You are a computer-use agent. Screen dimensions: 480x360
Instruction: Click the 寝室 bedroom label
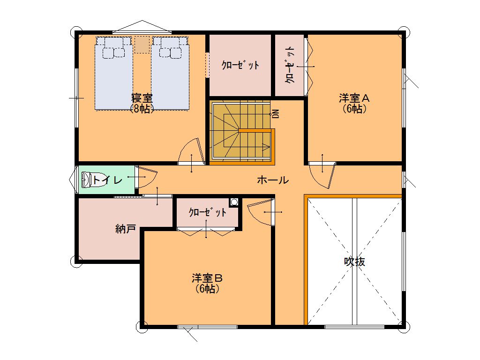click(x=142, y=98)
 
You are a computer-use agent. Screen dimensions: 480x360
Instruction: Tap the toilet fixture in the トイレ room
click(x=86, y=180)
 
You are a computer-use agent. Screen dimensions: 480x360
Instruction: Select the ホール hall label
click(x=273, y=180)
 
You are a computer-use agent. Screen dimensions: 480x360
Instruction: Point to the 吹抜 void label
click(x=354, y=262)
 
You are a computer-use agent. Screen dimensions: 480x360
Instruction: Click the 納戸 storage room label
click(x=126, y=228)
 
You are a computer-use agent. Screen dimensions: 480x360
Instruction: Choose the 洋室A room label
click(x=354, y=98)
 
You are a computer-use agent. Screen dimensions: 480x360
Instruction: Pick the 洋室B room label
click(x=207, y=278)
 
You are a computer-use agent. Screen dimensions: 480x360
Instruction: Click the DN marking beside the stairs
click(x=276, y=114)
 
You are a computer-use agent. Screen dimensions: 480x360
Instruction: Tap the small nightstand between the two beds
click(x=142, y=45)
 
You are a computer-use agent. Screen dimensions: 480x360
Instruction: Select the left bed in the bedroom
click(x=114, y=73)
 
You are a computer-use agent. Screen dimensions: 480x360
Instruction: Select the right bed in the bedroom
click(x=170, y=73)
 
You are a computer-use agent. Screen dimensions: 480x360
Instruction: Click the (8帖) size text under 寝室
click(x=142, y=108)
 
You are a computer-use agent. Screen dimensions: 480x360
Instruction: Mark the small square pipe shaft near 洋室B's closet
click(x=234, y=202)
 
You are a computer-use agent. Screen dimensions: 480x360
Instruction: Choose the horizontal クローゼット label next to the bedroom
click(x=240, y=65)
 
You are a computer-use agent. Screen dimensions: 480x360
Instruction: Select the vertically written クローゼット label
click(x=290, y=65)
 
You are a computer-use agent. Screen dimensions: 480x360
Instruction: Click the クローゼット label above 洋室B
click(x=208, y=212)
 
